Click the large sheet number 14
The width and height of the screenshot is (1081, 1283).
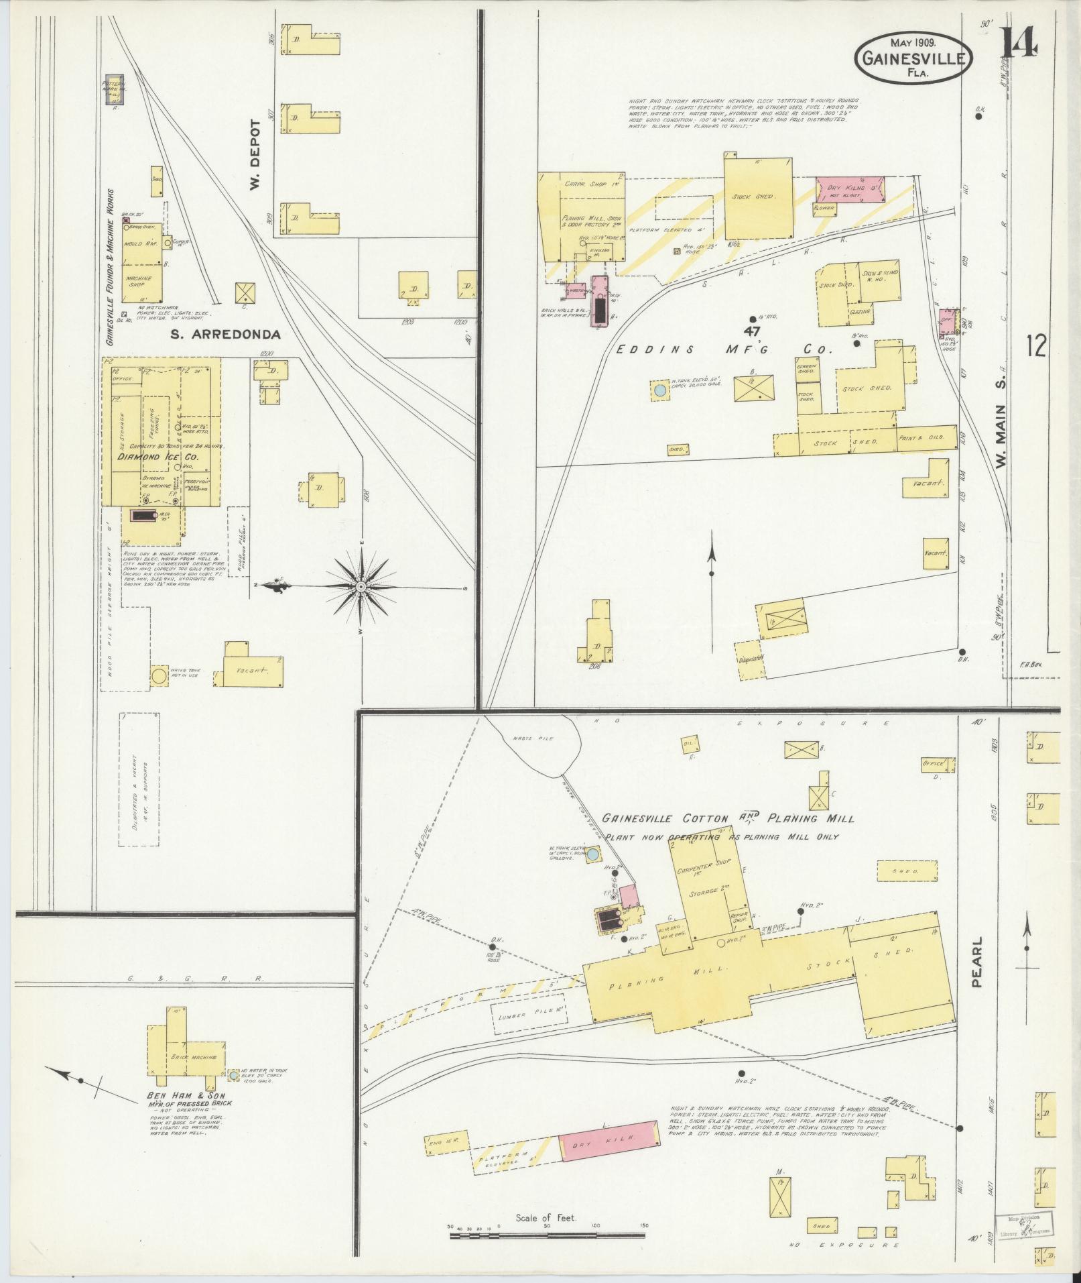click(1019, 44)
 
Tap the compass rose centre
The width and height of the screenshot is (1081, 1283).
click(361, 587)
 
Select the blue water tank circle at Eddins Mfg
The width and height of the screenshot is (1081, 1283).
click(660, 389)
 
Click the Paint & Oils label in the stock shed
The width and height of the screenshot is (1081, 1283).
click(919, 437)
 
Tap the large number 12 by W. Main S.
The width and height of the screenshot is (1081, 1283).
click(1036, 346)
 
